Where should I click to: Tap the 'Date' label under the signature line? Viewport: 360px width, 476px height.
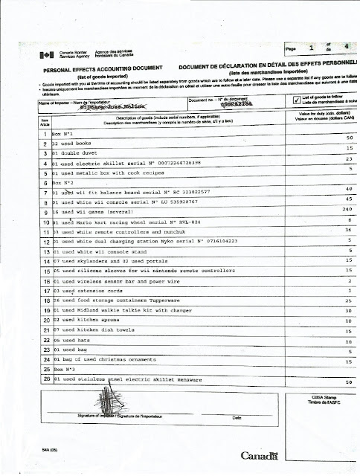[237, 417]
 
